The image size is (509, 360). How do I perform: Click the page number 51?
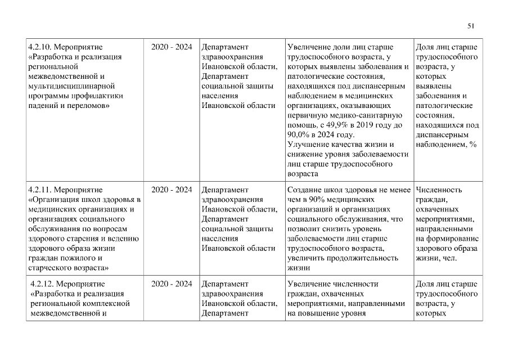(471, 25)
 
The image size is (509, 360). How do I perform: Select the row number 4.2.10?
(40, 47)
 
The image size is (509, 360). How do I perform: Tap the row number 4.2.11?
(40, 190)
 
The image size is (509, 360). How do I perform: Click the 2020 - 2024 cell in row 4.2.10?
(172, 47)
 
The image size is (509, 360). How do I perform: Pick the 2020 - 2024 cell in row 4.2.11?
(172, 190)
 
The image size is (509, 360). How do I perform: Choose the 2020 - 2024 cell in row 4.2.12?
(172, 283)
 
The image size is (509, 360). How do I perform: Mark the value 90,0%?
(298, 135)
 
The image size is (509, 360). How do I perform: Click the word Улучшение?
(307, 145)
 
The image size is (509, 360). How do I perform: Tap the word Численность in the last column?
(438, 190)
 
